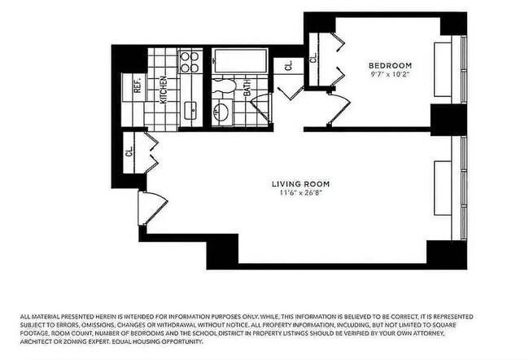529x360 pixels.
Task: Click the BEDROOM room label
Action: pyautogui.click(x=390, y=65)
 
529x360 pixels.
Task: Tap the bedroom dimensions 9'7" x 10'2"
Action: pyautogui.click(x=390, y=75)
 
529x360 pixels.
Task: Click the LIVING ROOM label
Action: pyautogui.click(x=300, y=184)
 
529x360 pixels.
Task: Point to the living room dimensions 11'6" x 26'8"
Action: pyautogui.click(x=300, y=194)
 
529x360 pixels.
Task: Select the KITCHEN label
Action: pyautogui.click(x=164, y=89)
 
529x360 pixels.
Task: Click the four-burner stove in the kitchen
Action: pyautogui.click(x=190, y=62)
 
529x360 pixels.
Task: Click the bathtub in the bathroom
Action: pyautogui.click(x=240, y=61)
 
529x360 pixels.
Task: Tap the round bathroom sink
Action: pyautogui.click(x=222, y=112)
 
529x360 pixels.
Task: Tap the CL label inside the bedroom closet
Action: pyautogui.click(x=313, y=58)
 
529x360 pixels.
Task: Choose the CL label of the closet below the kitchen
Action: pyautogui.click(x=129, y=151)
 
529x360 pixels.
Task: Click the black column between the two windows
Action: pyautogui.click(x=448, y=120)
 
